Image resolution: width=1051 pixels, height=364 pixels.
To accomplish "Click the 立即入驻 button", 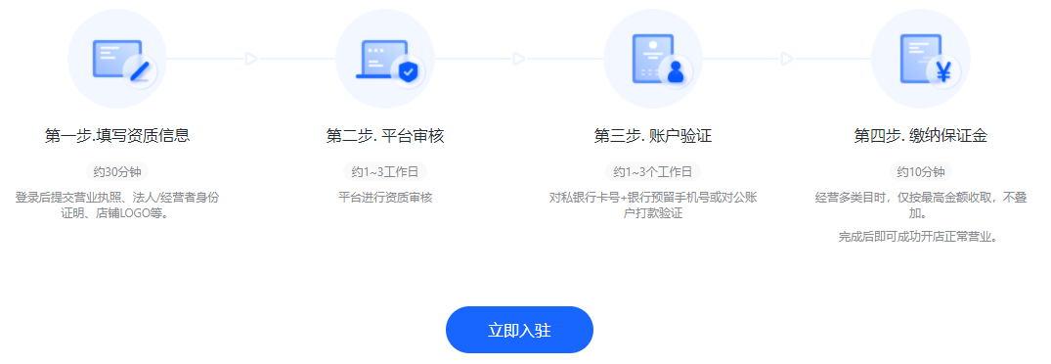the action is click(519, 330).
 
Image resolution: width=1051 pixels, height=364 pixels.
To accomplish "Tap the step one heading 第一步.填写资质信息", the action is click(117, 136).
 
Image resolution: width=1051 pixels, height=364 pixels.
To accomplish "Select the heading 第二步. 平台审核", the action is click(385, 136).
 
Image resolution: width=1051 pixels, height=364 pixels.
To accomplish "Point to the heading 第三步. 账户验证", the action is click(653, 136).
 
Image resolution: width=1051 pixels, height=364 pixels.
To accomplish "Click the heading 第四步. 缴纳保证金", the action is click(921, 136).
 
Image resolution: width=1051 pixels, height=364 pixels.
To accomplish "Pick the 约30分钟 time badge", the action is click(117, 172).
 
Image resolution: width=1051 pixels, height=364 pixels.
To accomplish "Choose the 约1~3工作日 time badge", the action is click(385, 172).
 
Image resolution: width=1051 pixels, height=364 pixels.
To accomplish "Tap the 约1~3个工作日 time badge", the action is click(653, 172).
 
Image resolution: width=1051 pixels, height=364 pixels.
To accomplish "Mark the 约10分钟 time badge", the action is click(921, 172).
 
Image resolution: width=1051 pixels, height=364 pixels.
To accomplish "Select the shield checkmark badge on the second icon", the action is click(408, 71).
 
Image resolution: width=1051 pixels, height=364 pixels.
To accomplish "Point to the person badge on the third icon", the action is click(676, 71).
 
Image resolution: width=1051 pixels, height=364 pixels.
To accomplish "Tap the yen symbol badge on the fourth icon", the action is click(943, 71).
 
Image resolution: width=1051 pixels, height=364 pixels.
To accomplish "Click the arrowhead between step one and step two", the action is click(251, 59).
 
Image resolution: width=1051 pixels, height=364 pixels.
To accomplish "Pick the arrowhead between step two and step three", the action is click(519, 59).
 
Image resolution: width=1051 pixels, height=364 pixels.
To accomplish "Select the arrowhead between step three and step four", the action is click(787, 59).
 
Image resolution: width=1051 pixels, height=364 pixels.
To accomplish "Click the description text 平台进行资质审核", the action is click(385, 198).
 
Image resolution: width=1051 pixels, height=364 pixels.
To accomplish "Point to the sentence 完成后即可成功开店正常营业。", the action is click(921, 237).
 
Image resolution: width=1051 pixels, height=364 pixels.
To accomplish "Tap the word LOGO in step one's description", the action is click(134, 212).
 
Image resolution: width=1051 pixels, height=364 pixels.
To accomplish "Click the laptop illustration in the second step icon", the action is click(378, 60).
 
